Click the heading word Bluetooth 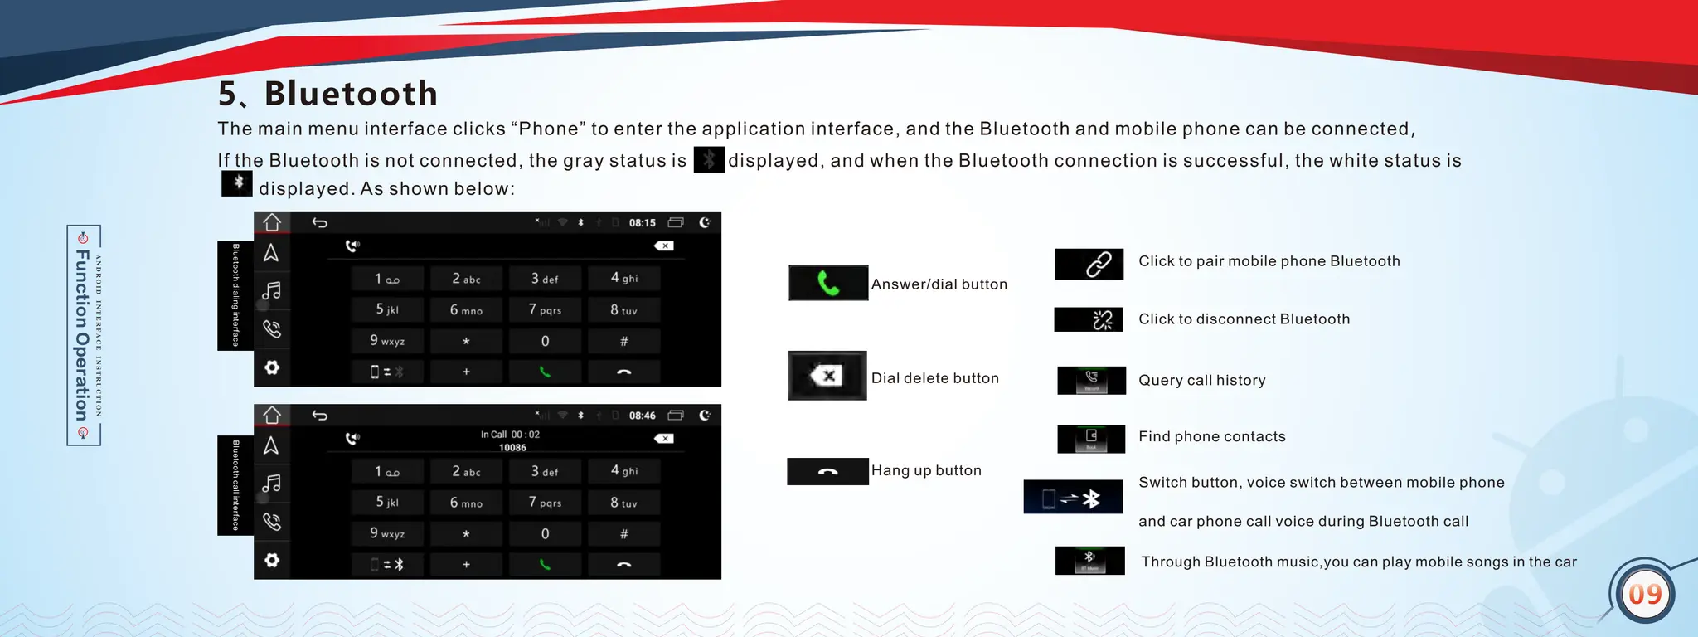[x=351, y=94]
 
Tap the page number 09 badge [x=1645, y=594]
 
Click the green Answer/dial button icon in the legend [x=827, y=284]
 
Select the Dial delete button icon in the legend [x=827, y=376]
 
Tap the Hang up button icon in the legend [x=827, y=471]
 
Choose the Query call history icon [x=1091, y=380]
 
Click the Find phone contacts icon [x=1091, y=438]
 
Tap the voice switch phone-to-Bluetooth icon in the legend [x=1074, y=498]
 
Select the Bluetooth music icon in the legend [x=1089, y=561]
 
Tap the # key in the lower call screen [x=623, y=533]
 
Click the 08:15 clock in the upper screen [x=642, y=222]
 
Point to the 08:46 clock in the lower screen [x=642, y=416]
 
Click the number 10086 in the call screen [x=512, y=448]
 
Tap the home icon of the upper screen [x=272, y=222]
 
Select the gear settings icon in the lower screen [x=272, y=561]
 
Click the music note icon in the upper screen [x=272, y=290]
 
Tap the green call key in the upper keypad [x=545, y=372]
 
